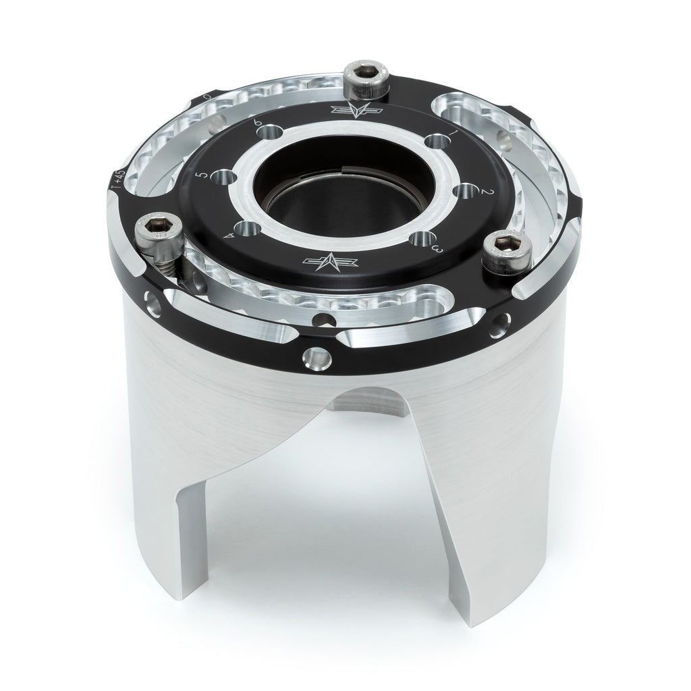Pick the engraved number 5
tap(200, 177)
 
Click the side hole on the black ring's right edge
tap(501, 326)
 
